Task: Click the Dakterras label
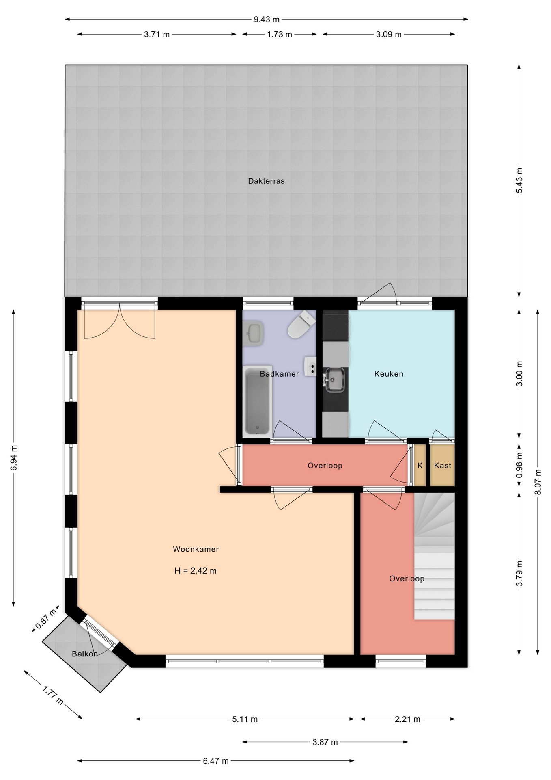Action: (x=266, y=181)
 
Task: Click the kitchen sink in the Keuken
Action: (x=335, y=380)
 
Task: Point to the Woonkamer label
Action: (x=196, y=549)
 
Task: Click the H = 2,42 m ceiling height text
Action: (x=196, y=571)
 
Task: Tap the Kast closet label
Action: (x=442, y=466)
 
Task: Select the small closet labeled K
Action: (x=420, y=466)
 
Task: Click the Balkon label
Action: (x=85, y=654)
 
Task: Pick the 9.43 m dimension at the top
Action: (x=267, y=19)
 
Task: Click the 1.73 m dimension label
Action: (x=280, y=35)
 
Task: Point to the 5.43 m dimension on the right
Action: (x=519, y=180)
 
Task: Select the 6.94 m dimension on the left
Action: (x=14, y=458)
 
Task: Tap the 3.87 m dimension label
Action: (x=325, y=742)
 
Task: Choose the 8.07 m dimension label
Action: (x=538, y=482)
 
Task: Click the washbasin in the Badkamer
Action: (x=254, y=333)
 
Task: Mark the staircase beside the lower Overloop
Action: (x=434, y=556)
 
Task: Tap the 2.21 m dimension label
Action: (x=407, y=719)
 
